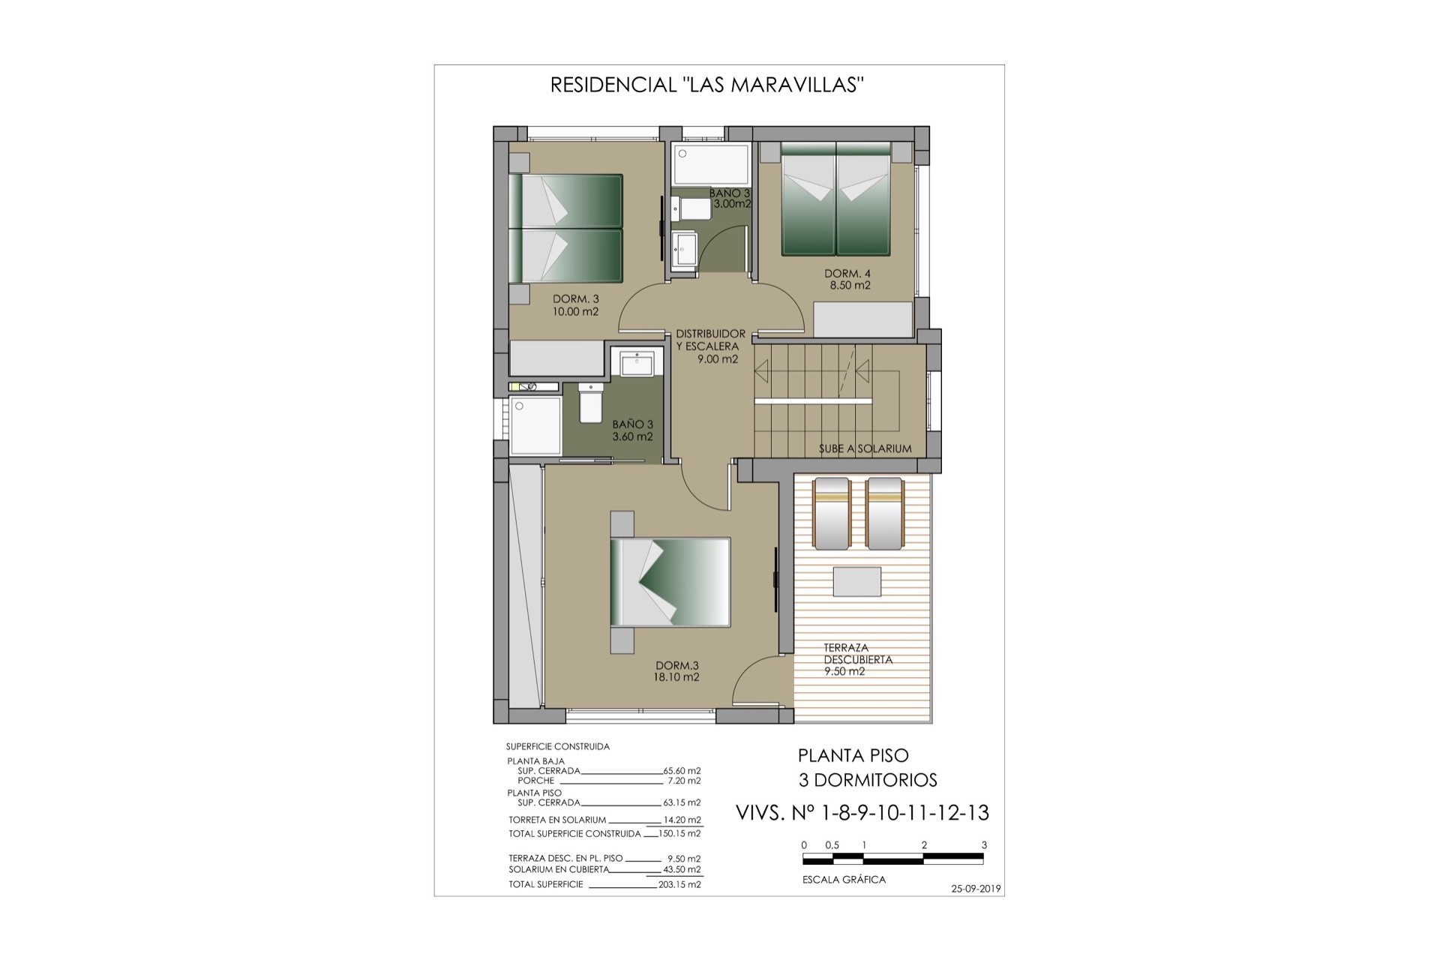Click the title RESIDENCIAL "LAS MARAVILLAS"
coord(708,85)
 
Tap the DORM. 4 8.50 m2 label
coord(847,279)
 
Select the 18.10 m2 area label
coord(676,677)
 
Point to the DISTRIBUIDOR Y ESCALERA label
coord(710,340)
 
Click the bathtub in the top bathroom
coord(711,165)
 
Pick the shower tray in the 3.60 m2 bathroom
coord(535,424)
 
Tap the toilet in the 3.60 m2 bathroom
coord(589,403)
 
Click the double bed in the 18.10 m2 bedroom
coord(670,582)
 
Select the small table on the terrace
coord(856,582)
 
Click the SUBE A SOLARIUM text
coord(865,448)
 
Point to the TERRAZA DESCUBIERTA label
coord(858,653)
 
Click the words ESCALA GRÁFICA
coord(844,880)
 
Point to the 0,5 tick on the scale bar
coord(833,854)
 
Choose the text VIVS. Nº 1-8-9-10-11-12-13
coord(862,812)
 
